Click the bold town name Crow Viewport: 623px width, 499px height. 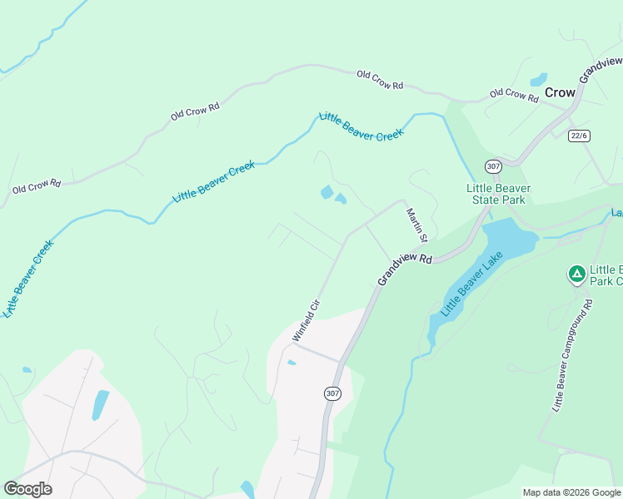[x=560, y=92]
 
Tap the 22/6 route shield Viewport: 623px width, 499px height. [x=578, y=136]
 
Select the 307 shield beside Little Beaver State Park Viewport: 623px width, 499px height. [x=493, y=166]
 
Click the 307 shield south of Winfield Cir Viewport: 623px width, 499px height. [x=332, y=393]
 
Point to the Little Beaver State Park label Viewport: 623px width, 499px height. [x=498, y=194]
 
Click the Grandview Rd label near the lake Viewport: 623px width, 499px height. [x=405, y=269]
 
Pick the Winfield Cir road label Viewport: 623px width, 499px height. [x=307, y=320]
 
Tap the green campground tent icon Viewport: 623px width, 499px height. [x=576, y=273]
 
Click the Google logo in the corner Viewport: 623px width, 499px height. [x=27, y=489]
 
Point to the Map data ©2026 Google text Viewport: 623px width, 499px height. [x=571, y=492]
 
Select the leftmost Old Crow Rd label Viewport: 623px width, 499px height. [x=37, y=187]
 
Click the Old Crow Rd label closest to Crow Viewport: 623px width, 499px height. [x=514, y=95]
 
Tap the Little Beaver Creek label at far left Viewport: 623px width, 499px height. [x=26, y=279]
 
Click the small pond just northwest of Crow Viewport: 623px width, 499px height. [x=539, y=80]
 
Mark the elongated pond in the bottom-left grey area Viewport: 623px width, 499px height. [x=100, y=405]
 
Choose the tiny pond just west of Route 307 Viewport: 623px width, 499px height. [x=291, y=363]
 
